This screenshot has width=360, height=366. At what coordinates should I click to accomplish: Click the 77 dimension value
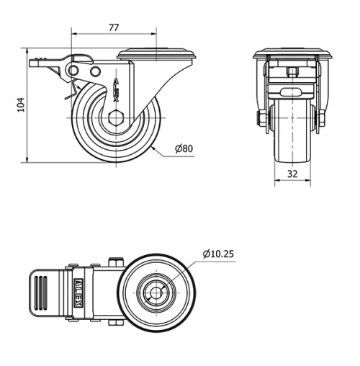point(114,27)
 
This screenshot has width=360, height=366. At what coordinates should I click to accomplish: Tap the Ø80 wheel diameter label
point(184,150)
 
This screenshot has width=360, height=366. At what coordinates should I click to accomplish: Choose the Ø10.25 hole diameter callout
point(219,254)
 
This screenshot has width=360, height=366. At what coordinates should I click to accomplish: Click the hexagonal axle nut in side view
point(116,117)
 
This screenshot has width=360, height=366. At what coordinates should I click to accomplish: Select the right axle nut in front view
point(321,118)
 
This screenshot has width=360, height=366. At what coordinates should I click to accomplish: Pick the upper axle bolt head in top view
point(114,262)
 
